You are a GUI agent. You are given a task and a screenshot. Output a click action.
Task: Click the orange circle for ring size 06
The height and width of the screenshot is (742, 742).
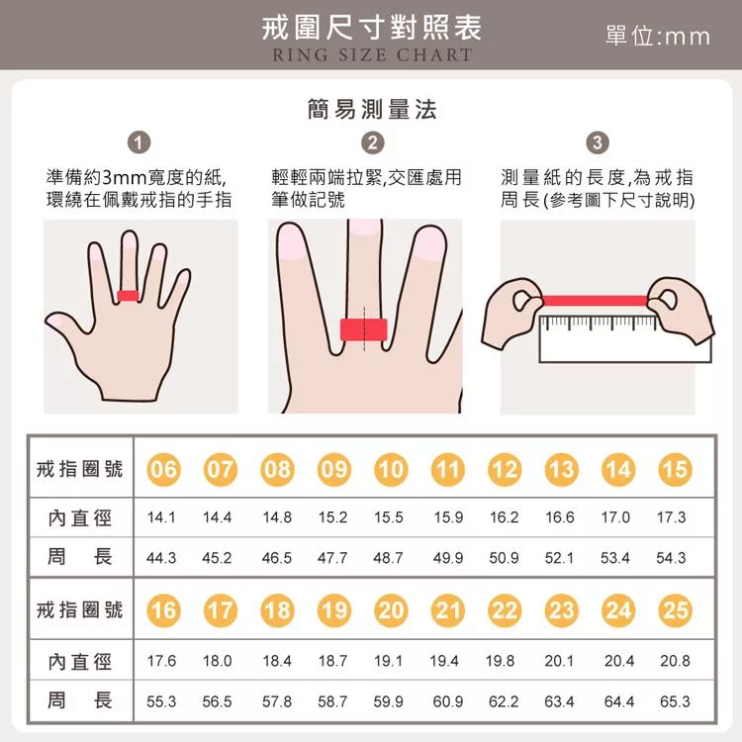pyautogui.click(x=163, y=469)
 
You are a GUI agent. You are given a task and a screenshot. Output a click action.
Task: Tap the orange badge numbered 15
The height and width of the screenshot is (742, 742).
pyautogui.click(x=675, y=469)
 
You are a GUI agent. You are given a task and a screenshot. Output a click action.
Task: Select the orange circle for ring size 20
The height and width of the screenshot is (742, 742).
pyautogui.click(x=391, y=610)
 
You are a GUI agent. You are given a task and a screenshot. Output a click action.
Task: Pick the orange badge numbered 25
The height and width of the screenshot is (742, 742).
pyautogui.click(x=675, y=610)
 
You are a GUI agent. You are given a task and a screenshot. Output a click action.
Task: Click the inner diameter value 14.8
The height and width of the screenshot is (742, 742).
pyautogui.click(x=277, y=517)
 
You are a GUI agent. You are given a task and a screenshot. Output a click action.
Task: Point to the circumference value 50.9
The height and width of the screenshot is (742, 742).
pyautogui.click(x=504, y=558)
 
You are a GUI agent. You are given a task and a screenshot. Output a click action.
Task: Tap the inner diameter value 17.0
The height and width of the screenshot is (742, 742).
pyautogui.click(x=615, y=517)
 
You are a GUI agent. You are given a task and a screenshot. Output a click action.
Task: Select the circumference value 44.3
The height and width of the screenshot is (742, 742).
pyautogui.click(x=161, y=558)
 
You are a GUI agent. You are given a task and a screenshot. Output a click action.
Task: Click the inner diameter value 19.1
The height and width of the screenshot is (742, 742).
pyautogui.click(x=388, y=661)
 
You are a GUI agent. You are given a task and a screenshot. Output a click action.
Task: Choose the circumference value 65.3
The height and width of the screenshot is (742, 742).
pyautogui.click(x=675, y=701)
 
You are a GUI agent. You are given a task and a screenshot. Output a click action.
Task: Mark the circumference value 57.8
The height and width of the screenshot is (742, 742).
pyautogui.click(x=277, y=701)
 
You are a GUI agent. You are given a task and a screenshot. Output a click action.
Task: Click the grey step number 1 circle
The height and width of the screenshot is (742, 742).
pyautogui.click(x=139, y=142)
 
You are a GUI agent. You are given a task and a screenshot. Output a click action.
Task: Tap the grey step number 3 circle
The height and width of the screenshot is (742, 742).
pyautogui.click(x=598, y=142)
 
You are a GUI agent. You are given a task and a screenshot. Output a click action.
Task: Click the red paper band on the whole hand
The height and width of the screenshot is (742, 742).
pyautogui.click(x=128, y=296)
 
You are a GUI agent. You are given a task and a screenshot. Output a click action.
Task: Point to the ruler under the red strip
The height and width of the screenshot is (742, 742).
pyautogui.click(x=624, y=338)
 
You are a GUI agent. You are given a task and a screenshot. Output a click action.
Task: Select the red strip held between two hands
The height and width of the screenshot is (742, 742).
pyautogui.click(x=596, y=301)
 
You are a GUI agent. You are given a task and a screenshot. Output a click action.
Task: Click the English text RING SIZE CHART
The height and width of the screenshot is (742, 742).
pyautogui.click(x=372, y=54)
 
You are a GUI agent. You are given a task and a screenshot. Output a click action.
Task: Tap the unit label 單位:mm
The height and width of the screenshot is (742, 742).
pyautogui.click(x=658, y=36)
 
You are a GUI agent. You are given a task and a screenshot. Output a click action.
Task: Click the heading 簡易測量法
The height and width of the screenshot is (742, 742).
pyautogui.click(x=372, y=109)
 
